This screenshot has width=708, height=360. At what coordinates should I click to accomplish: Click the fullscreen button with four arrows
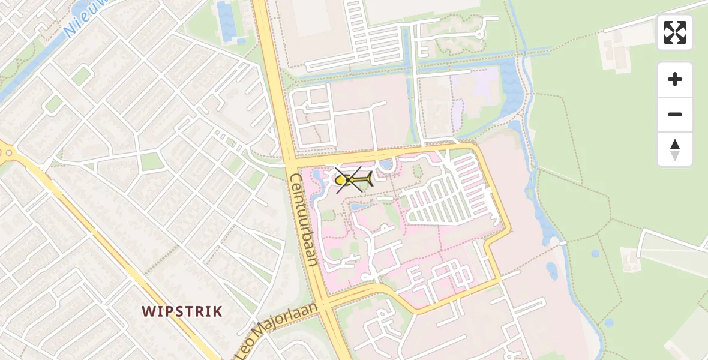tap(675, 32)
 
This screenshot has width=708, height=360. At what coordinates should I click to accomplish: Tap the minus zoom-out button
tap(675, 115)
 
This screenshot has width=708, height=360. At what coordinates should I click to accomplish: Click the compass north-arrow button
tap(675, 149)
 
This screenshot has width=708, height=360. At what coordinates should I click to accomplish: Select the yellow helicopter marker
tap(353, 179)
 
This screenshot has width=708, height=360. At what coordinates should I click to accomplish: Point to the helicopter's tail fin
tap(369, 178)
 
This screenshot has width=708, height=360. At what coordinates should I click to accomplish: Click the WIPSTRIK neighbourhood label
tap(182, 311)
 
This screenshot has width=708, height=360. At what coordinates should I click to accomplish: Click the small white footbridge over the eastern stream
tap(563, 243)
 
